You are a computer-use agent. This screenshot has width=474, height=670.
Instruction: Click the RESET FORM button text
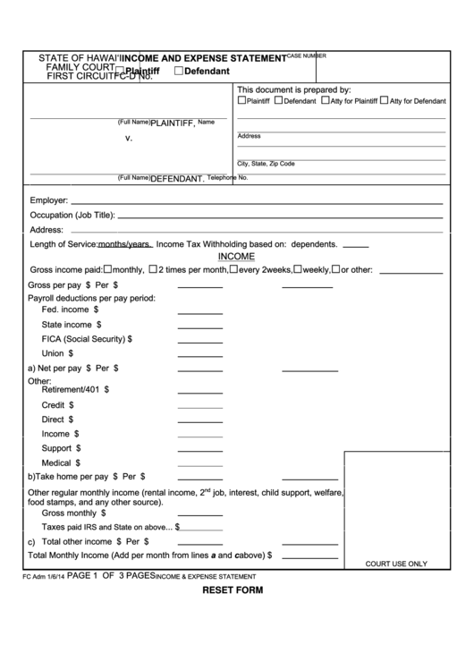pos(233,591)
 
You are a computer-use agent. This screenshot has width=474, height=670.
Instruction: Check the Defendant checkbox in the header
pos(180,71)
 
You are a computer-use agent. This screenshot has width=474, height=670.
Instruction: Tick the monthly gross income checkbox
pos(108,268)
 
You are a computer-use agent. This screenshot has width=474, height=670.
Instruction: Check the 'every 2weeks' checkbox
pos(234,268)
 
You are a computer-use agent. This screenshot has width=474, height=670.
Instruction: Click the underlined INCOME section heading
pos(236,256)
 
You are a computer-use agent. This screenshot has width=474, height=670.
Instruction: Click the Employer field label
pos(49,200)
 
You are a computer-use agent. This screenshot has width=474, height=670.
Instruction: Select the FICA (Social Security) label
pos(87,339)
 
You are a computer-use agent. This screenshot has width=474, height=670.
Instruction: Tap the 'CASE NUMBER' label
pos(306,55)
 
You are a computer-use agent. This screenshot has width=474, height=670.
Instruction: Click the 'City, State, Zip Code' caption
pos(265,164)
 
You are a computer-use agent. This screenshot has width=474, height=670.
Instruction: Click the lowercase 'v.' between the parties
pos(129,139)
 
